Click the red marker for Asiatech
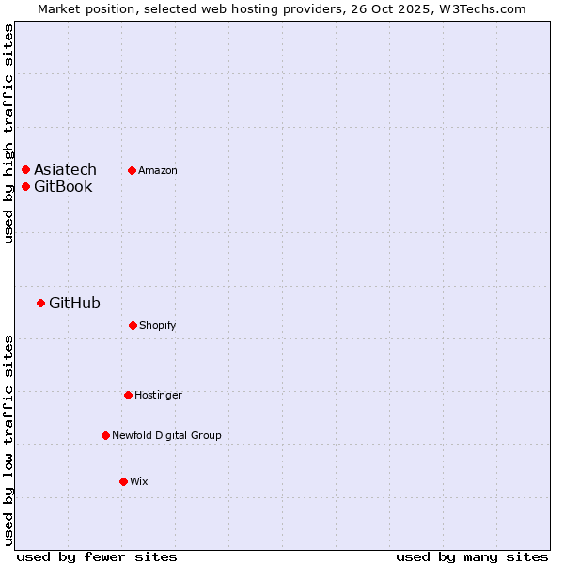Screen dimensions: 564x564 (25, 170)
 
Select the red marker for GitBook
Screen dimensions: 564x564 (25, 186)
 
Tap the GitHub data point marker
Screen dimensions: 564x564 (40, 303)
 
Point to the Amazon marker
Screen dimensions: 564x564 (132, 170)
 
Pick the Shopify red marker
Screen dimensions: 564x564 (133, 325)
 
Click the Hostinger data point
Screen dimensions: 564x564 (128, 395)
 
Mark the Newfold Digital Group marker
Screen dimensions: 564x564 (105, 435)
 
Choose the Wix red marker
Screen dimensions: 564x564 (123, 481)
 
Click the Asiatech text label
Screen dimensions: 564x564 (65, 170)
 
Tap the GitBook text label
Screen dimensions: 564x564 (63, 186)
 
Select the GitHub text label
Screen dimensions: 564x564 (74, 303)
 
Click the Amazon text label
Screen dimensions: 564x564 (158, 170)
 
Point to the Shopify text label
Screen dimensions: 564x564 (158, 325)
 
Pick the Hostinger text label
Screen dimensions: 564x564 (158, 395)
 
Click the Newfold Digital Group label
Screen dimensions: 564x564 (166, 435)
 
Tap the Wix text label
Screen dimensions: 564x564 (139, 481)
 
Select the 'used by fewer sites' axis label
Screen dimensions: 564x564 (97, 556)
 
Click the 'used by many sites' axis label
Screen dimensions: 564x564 (472, 556)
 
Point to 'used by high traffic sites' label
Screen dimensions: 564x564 (8, 133)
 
